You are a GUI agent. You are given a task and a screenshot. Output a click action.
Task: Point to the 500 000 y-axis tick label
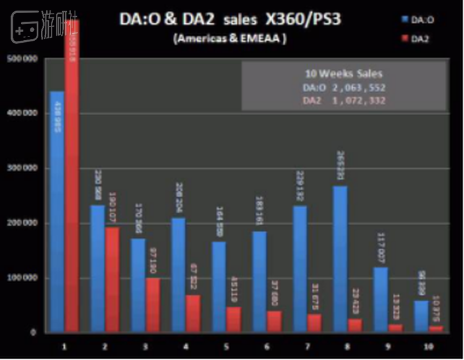click(x=22, y=58)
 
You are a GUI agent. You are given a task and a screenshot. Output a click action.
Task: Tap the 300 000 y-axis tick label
click(x=22, y=168)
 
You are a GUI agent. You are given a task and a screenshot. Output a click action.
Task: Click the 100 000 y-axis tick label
click(x=22, y=278)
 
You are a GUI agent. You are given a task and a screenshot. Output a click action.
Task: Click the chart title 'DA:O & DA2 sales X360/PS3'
click(x=230, y=20)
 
